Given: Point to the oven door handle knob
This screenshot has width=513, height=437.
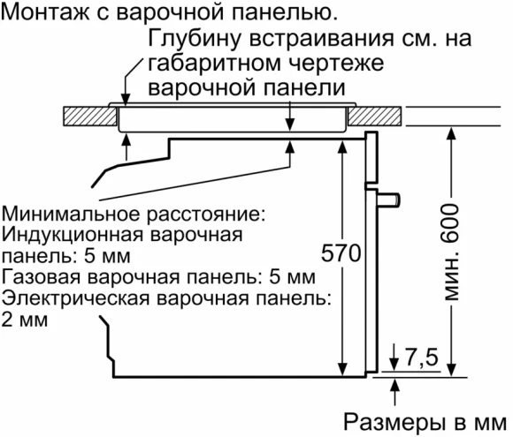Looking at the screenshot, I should pos(392,202).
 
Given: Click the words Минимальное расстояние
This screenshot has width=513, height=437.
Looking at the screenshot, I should pos(133,215).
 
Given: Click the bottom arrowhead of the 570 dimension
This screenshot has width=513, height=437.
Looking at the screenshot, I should pos(341,370).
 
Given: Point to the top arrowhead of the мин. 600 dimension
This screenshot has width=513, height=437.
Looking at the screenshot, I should pos(453,132).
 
